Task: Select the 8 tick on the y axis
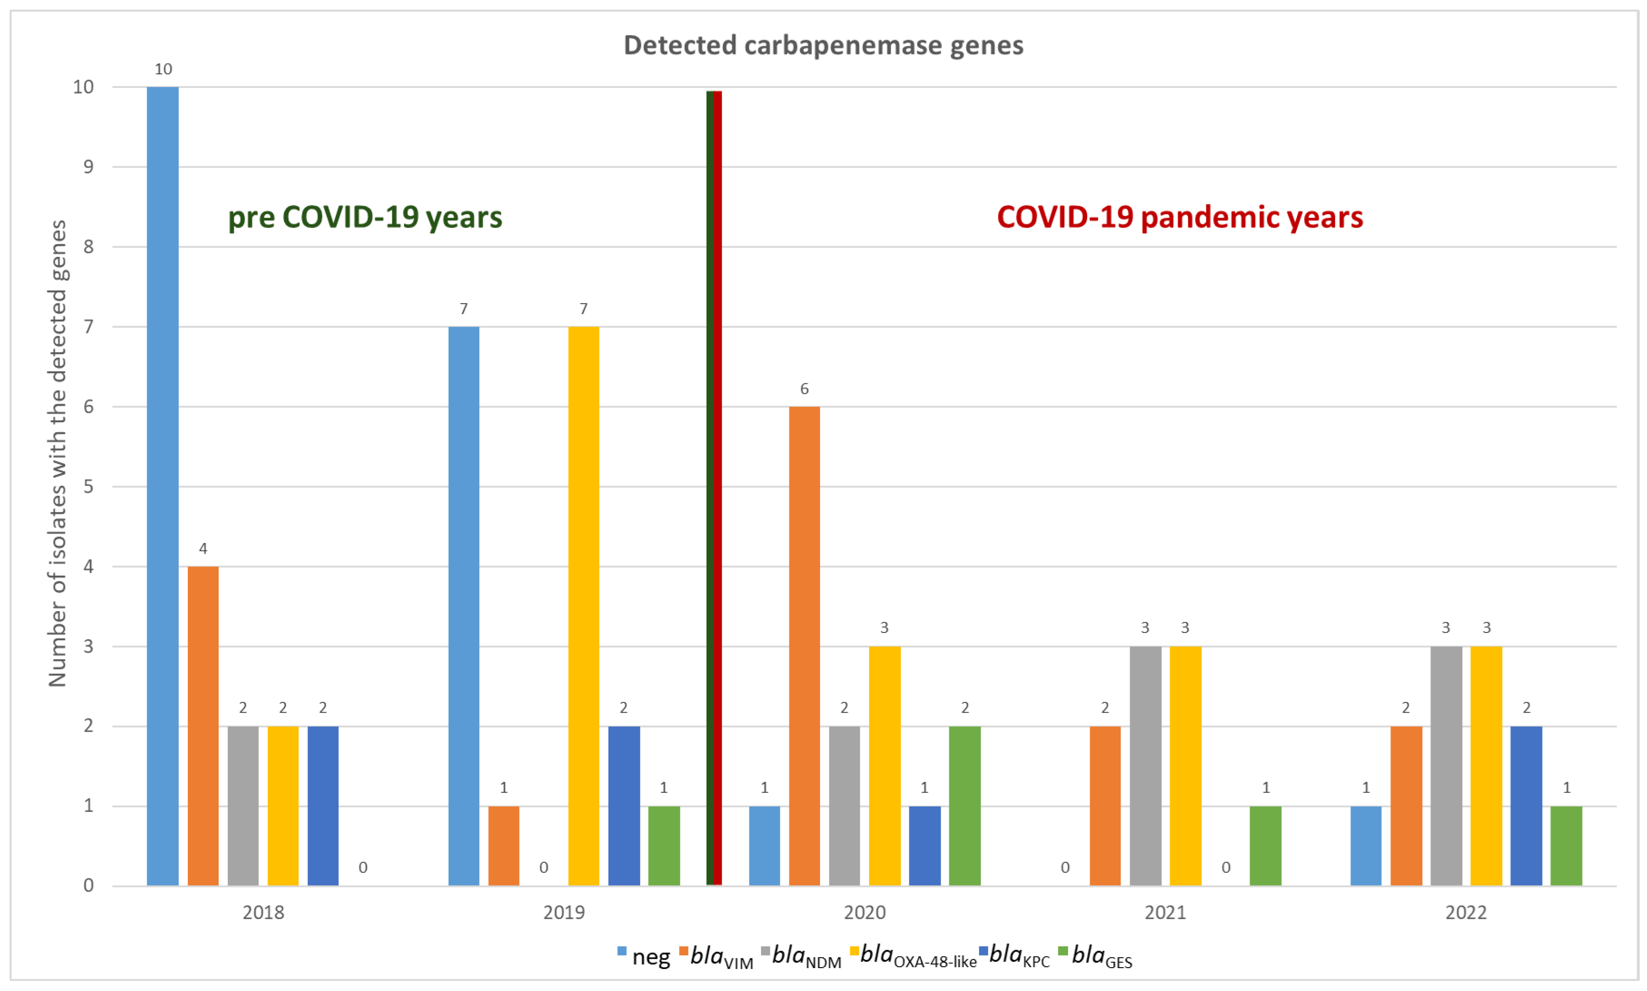tap(88, 247)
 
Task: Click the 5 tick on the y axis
tap(88, 487)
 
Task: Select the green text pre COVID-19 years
tap(365, 217)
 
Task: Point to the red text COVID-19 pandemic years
tap(1180, 217)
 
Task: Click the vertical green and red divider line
tap(714, 488)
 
